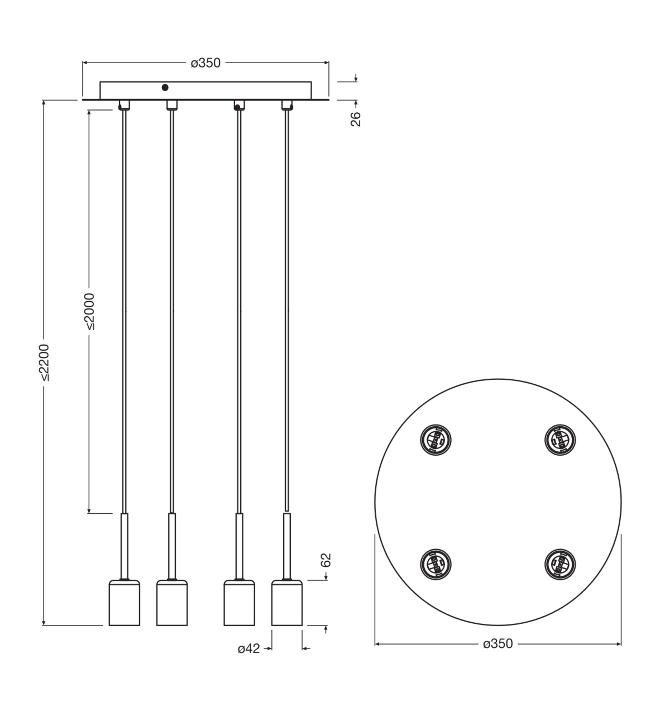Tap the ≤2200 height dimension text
(x=45, y=363)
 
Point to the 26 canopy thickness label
(x=356, y=119)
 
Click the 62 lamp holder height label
(x=326, y=560)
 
